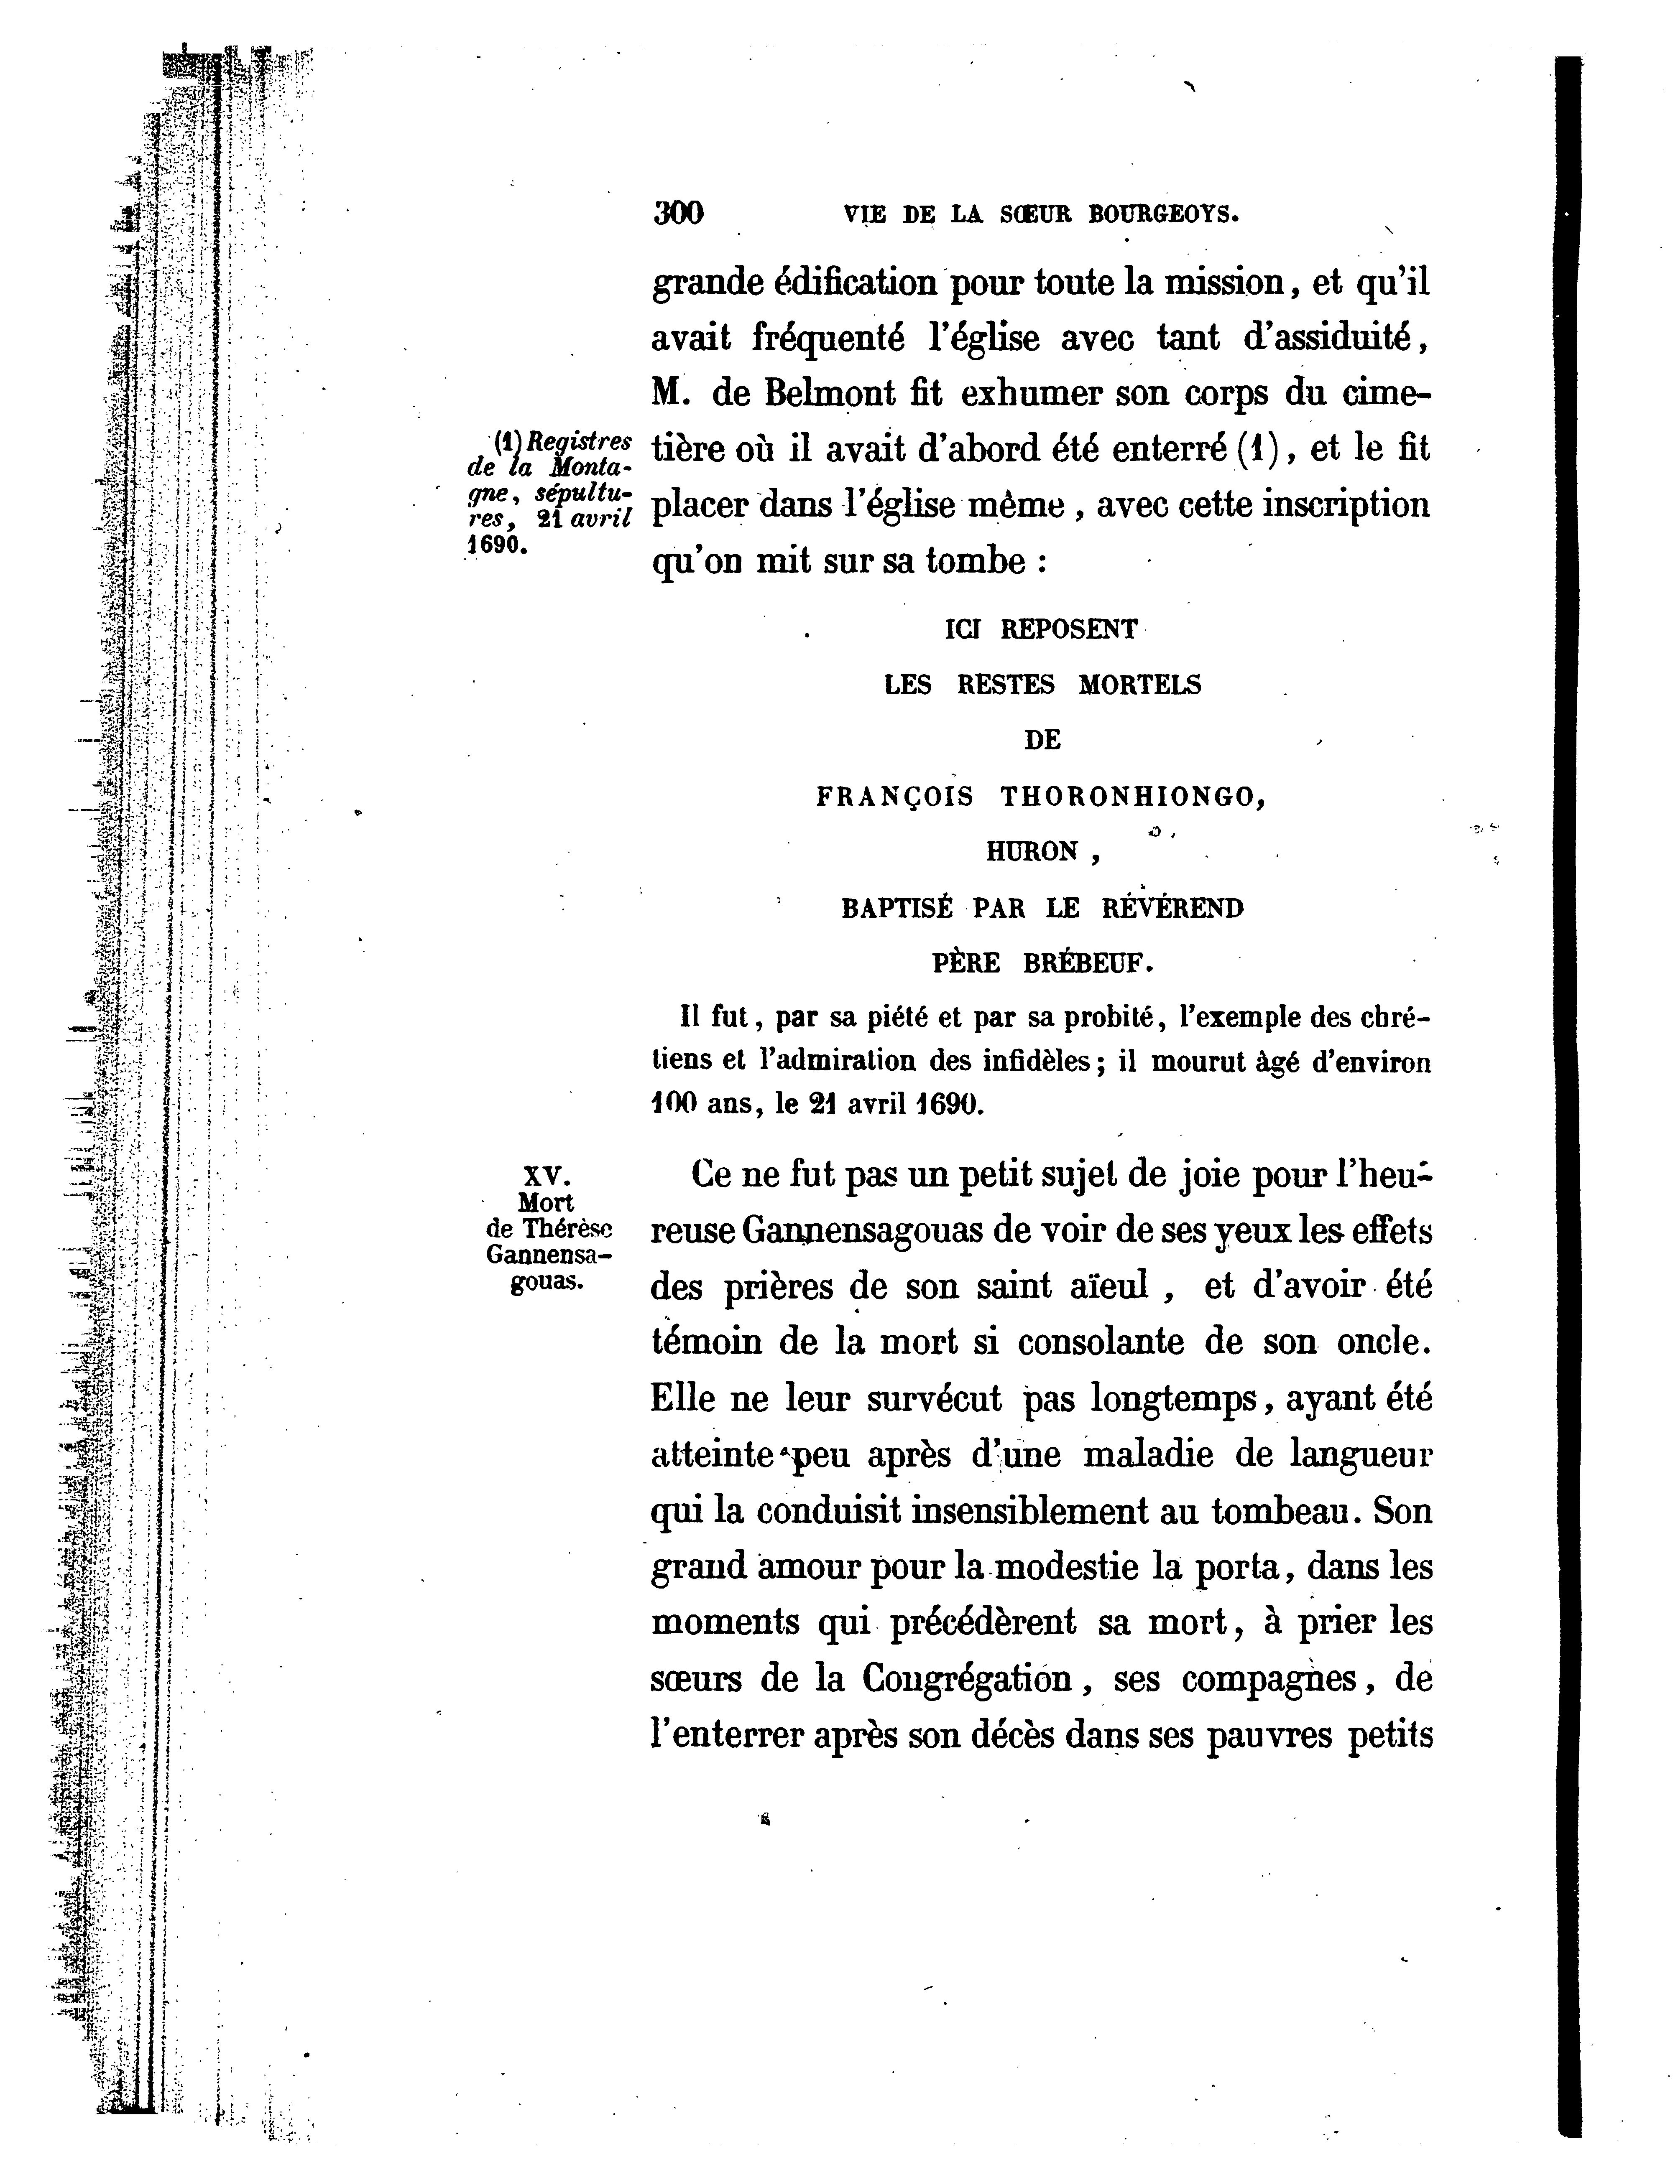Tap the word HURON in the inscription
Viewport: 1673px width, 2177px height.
pos(1033,852)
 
